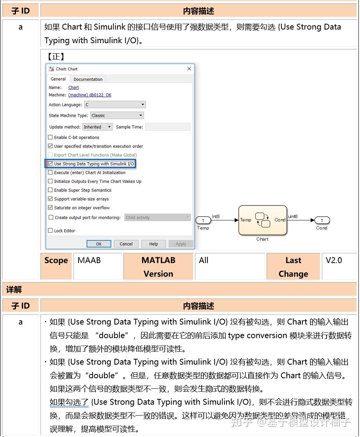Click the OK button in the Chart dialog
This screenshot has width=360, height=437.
pyautogui.click(x=98, y=244)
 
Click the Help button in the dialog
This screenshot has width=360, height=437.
pyautogui.click(x=153, y=244)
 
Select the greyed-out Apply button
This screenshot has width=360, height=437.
pyautogui.click(x=181, y=244)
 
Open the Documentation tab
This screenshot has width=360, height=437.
pyautogui.click(x=88, y=79)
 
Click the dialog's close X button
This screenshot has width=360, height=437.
pyautogui.click(x=189, y=69)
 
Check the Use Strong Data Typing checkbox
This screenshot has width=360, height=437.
pyautogui.click(x=51, y=164)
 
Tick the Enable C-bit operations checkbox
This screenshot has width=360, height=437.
pyautogui.click(x=51, y=137)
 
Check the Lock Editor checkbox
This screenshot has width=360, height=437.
pyautogui.click(x=51, y=231)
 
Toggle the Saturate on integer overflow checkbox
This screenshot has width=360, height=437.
pyautogui.click(x=51, y=208)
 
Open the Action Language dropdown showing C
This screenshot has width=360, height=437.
pyautogui.click(x=115, y=105)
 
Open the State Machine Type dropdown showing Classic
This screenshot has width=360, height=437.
pyautogui.click(x=117, y=116)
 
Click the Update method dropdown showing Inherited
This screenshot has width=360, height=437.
pyautogui.click(x=97, y=127)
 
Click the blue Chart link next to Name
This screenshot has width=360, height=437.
pyautogui.click(x=74, y=88)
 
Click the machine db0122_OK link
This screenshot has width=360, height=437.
pyautogui.click(x=90, y=95)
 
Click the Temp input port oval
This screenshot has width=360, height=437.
pyautogui.click(x=203, y=221)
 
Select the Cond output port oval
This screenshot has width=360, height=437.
pyautogui.click(x=322, y=221)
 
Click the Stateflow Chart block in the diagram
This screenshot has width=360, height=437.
pyautogui.click(x=263, y=220)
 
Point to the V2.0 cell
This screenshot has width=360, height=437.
pyautogui.click(x=334, y=260)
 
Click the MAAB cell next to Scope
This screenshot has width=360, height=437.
pyautogui.click(x=89, y=260)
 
